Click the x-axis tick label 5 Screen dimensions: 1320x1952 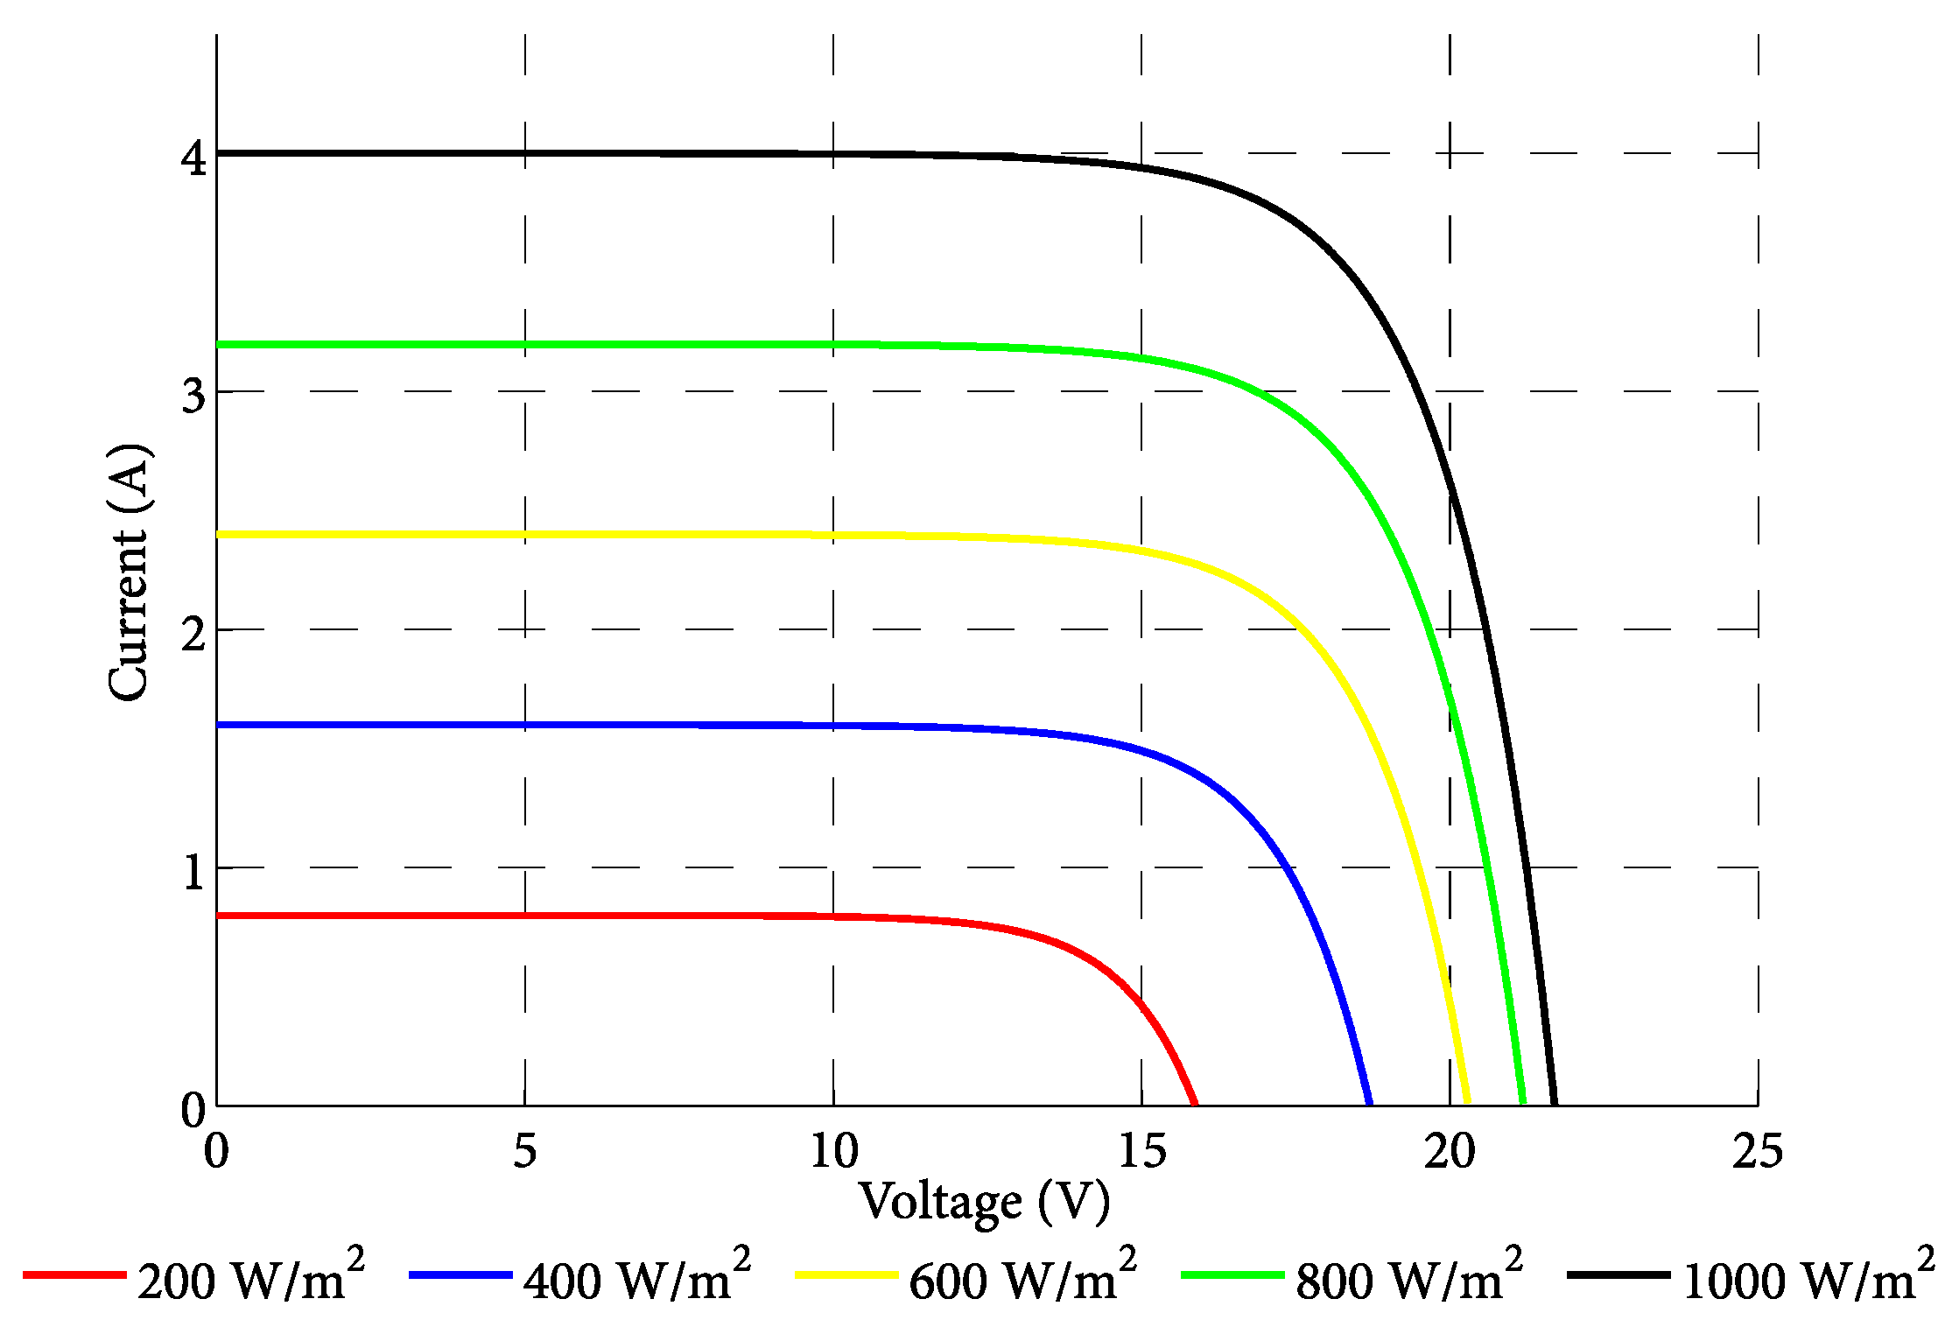click(x=524, y=1151)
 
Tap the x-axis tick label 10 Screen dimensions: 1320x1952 click(x=833, y=1151)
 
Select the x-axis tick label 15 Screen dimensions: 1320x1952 click(x=1142, y=1151)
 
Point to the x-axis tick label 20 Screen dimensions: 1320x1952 click(x=1450, y=1151)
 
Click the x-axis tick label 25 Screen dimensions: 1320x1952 click(x=1758, y=1151)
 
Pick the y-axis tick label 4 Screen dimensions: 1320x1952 click(x=193, y=158)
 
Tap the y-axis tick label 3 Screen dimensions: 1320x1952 click(x=193, y=396)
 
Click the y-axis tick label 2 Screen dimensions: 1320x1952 click(x=193, y=633)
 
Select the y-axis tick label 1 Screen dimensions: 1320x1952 click(x=193, y=872)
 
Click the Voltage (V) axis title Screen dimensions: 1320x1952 click(x=985, y=1202)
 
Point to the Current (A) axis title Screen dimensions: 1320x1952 click(x=129, y=573)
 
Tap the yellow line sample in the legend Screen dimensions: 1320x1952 click(x=846, y=1275)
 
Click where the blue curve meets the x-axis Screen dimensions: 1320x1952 click(x=1369, y=1104)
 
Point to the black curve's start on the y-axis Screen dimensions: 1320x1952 click(x=218, y=153)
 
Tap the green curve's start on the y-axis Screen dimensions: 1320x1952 click(x=218, y=344)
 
